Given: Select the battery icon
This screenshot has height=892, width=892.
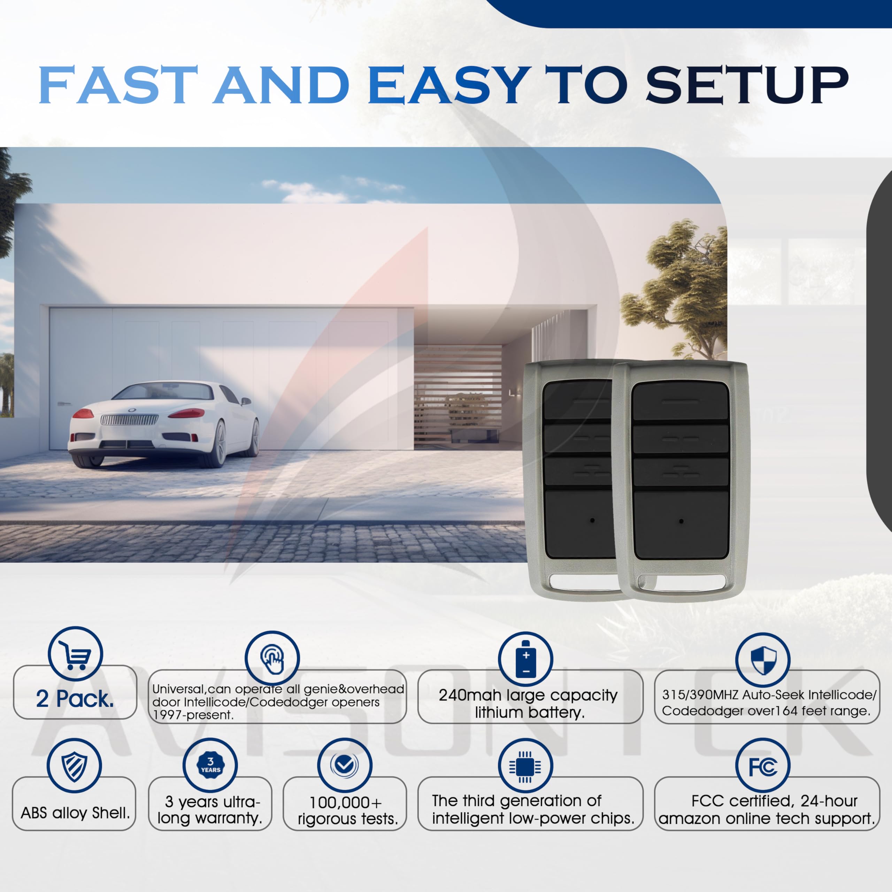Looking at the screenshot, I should point(525,659).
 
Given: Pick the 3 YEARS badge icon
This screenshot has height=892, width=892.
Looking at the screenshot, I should point(210,766).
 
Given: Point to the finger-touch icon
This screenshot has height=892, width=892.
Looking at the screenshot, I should point(272,659).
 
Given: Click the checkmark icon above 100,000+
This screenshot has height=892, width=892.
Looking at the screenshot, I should point(344,766).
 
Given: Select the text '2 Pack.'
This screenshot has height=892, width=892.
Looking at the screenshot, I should point(75,699).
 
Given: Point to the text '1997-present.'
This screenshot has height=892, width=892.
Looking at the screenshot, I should point(193,715).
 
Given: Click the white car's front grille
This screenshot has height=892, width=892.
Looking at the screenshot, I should point(129,420).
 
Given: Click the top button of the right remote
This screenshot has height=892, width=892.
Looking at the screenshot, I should point(680,401).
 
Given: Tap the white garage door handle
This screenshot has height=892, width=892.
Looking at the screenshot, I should point(64,403).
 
